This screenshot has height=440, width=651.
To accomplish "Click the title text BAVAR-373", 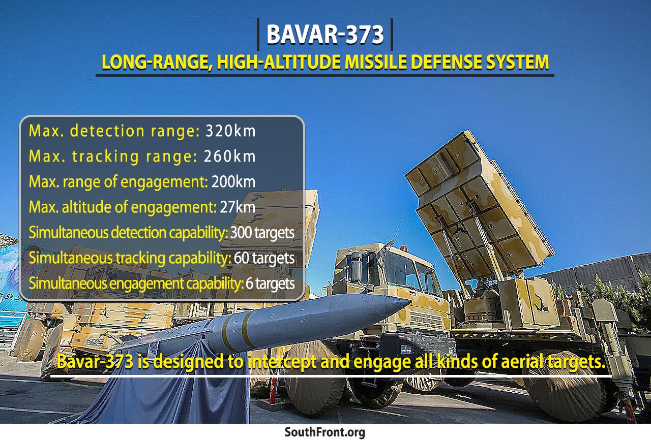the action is pos(325,34).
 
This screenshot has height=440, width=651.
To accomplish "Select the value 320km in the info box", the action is pos(230,131).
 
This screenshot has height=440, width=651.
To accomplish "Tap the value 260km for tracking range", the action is pos(229,156).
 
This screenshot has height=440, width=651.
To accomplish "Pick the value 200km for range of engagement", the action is pos(233,182).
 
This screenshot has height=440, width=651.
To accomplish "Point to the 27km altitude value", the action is pos(238,207).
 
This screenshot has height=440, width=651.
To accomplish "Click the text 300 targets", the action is pos(262,233).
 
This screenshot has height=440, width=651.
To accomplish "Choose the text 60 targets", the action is pos(264,258).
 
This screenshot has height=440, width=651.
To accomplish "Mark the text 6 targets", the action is pos(270,284).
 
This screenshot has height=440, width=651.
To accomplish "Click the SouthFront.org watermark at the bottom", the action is pos(324,432).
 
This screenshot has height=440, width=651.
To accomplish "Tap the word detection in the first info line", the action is pos(107,131).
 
